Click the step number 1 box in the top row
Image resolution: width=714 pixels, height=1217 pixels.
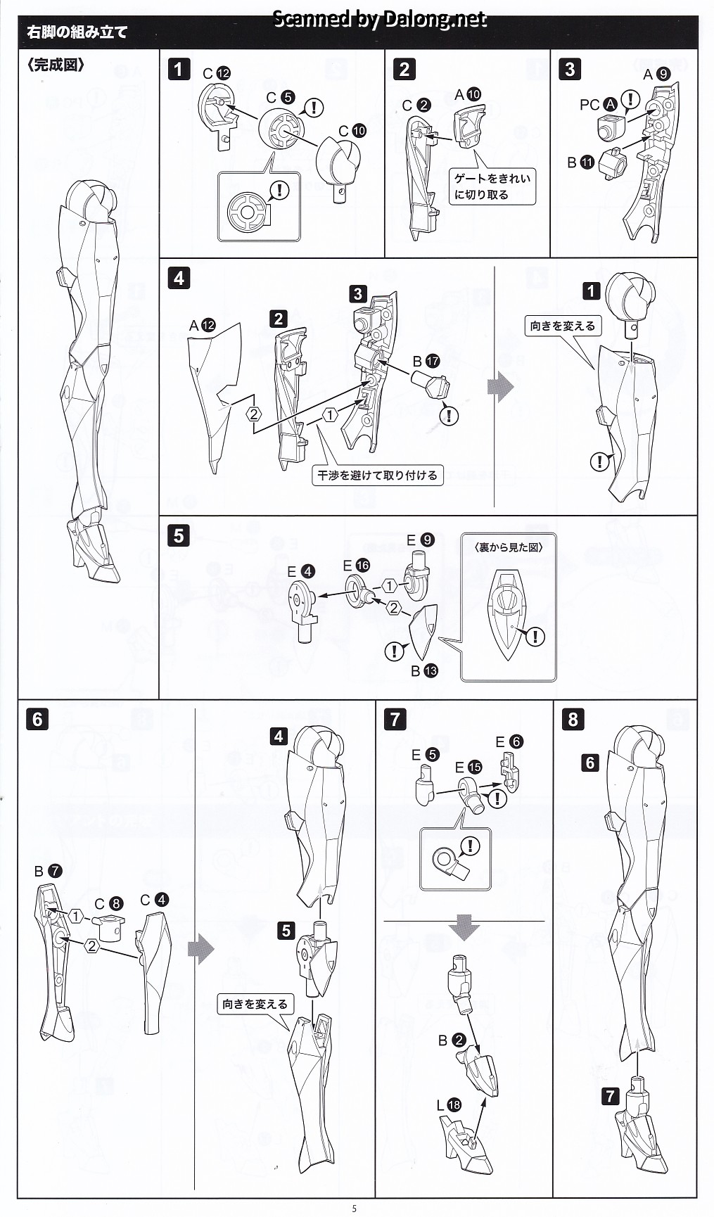pyautogui.click(x=179, y=69)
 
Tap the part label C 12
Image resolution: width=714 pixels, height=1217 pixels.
pyautogui.click(x=216, y=73)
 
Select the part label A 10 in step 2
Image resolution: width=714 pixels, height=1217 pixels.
pyautogui.click(x=467, y=94)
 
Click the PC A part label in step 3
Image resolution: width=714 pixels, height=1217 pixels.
pyautogui.click(x=598, y=105)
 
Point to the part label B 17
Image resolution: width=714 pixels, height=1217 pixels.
pyautogui.click(x=426, y=361)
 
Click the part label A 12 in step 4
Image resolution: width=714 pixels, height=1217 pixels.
pyautogui.click(x=203, y=325)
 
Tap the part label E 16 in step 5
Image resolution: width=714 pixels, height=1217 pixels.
pyautogui.click(x=356, y=566)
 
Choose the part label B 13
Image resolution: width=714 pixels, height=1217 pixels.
pyautogui.click(x=424, y=671)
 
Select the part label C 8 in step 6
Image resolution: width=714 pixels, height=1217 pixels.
pyautogui.click(x=109, y=904)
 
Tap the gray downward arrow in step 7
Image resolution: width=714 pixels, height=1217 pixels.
pyautogui.click(x=464, y=929)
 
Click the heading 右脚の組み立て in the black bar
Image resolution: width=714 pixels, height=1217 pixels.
pyautogui.click(x=77, y=32)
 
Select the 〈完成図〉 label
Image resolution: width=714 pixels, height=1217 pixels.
pyautogui.click(x=56, y=65)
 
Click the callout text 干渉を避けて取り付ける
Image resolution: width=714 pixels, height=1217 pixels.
pyautogui.click(x=377, y=476)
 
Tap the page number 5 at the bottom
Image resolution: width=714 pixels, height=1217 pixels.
pyautogui.click(x=355, y=1209)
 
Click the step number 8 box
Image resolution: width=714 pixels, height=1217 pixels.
pyautogui.click(x=573, y=719)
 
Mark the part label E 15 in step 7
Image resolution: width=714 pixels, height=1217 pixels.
pyautogui.click(x=468, y=767)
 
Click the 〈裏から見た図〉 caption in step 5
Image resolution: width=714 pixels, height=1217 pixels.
pyautogui.click(x=509, y=547)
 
